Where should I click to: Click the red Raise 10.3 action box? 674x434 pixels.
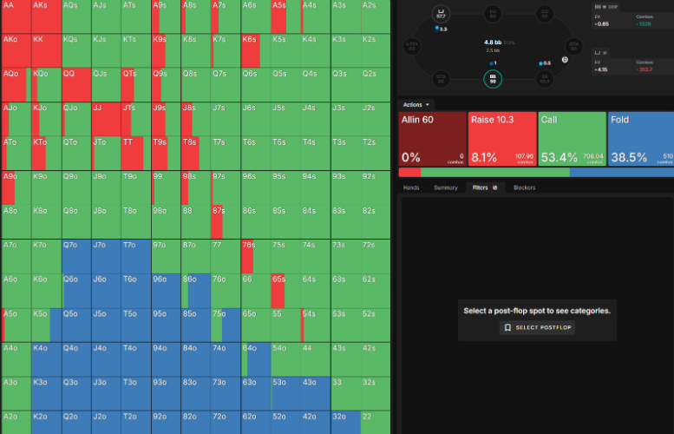[501, 138]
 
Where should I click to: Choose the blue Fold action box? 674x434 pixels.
[641, 138]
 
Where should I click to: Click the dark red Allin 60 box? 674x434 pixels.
[432, 138]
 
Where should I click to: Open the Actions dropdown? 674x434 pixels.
[417, 104]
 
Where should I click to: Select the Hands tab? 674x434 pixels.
[411, 187]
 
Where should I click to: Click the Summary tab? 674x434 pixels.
[445, 187]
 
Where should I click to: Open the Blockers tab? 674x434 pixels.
[524, 187]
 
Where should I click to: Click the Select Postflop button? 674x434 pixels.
[539, 327]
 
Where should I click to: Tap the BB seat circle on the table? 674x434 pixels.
[493, 79]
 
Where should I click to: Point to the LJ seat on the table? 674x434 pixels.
[441, 13]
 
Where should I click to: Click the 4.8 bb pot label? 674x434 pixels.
[492, 42]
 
